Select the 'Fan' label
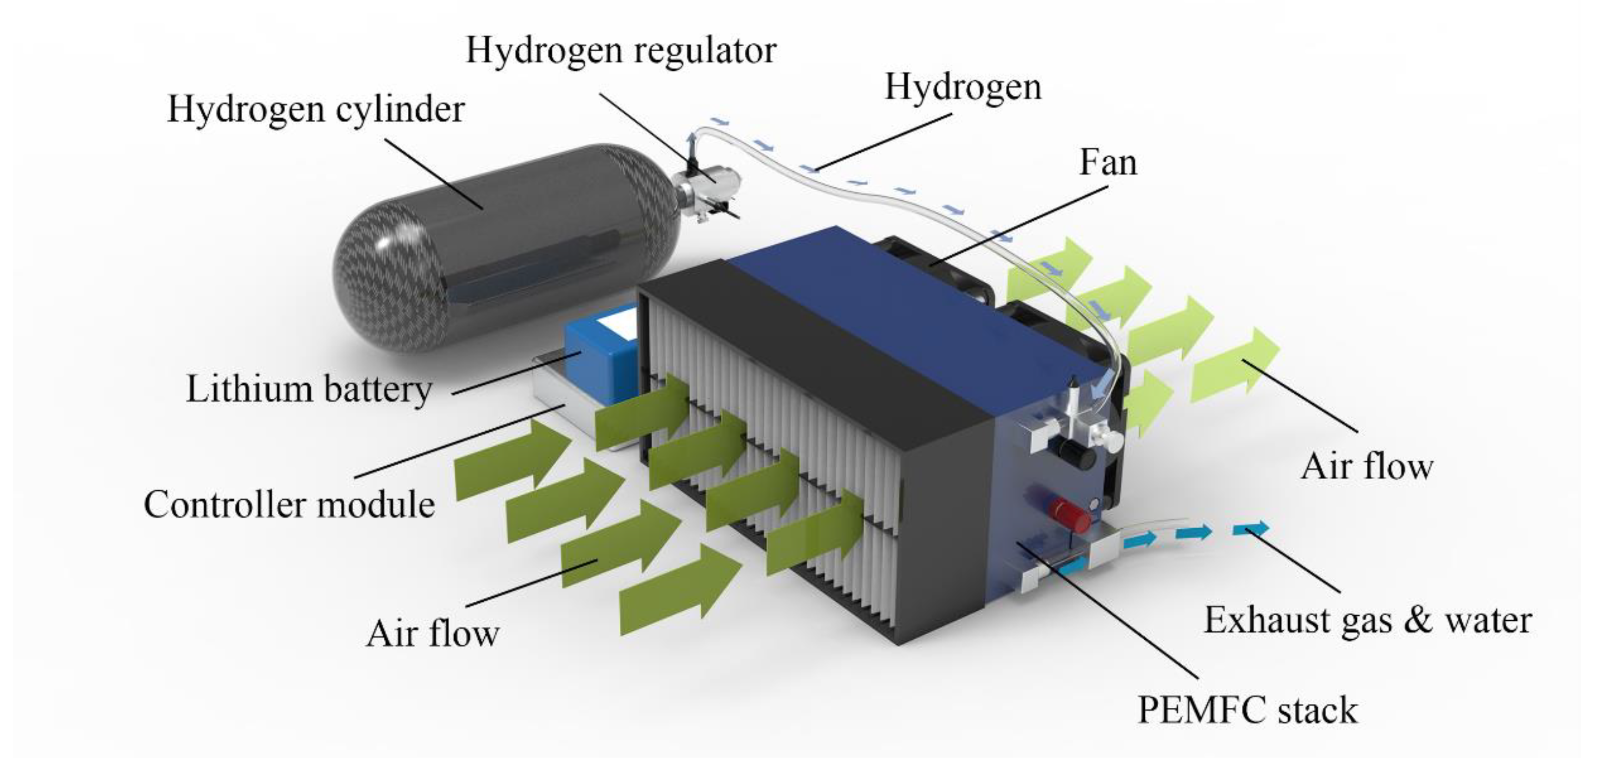click(x=1108, y=163)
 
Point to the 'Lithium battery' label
click(x=309, y=390)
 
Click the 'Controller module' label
click(x=289, y=504)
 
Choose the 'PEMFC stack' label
click(x=1248, y=710)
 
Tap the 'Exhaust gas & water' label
click(x=1367, y=620)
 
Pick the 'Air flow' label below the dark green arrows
click(x=433, y=633)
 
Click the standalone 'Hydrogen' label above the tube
click(x=963, y=87)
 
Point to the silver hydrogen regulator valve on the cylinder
click(x=713, y=179)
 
